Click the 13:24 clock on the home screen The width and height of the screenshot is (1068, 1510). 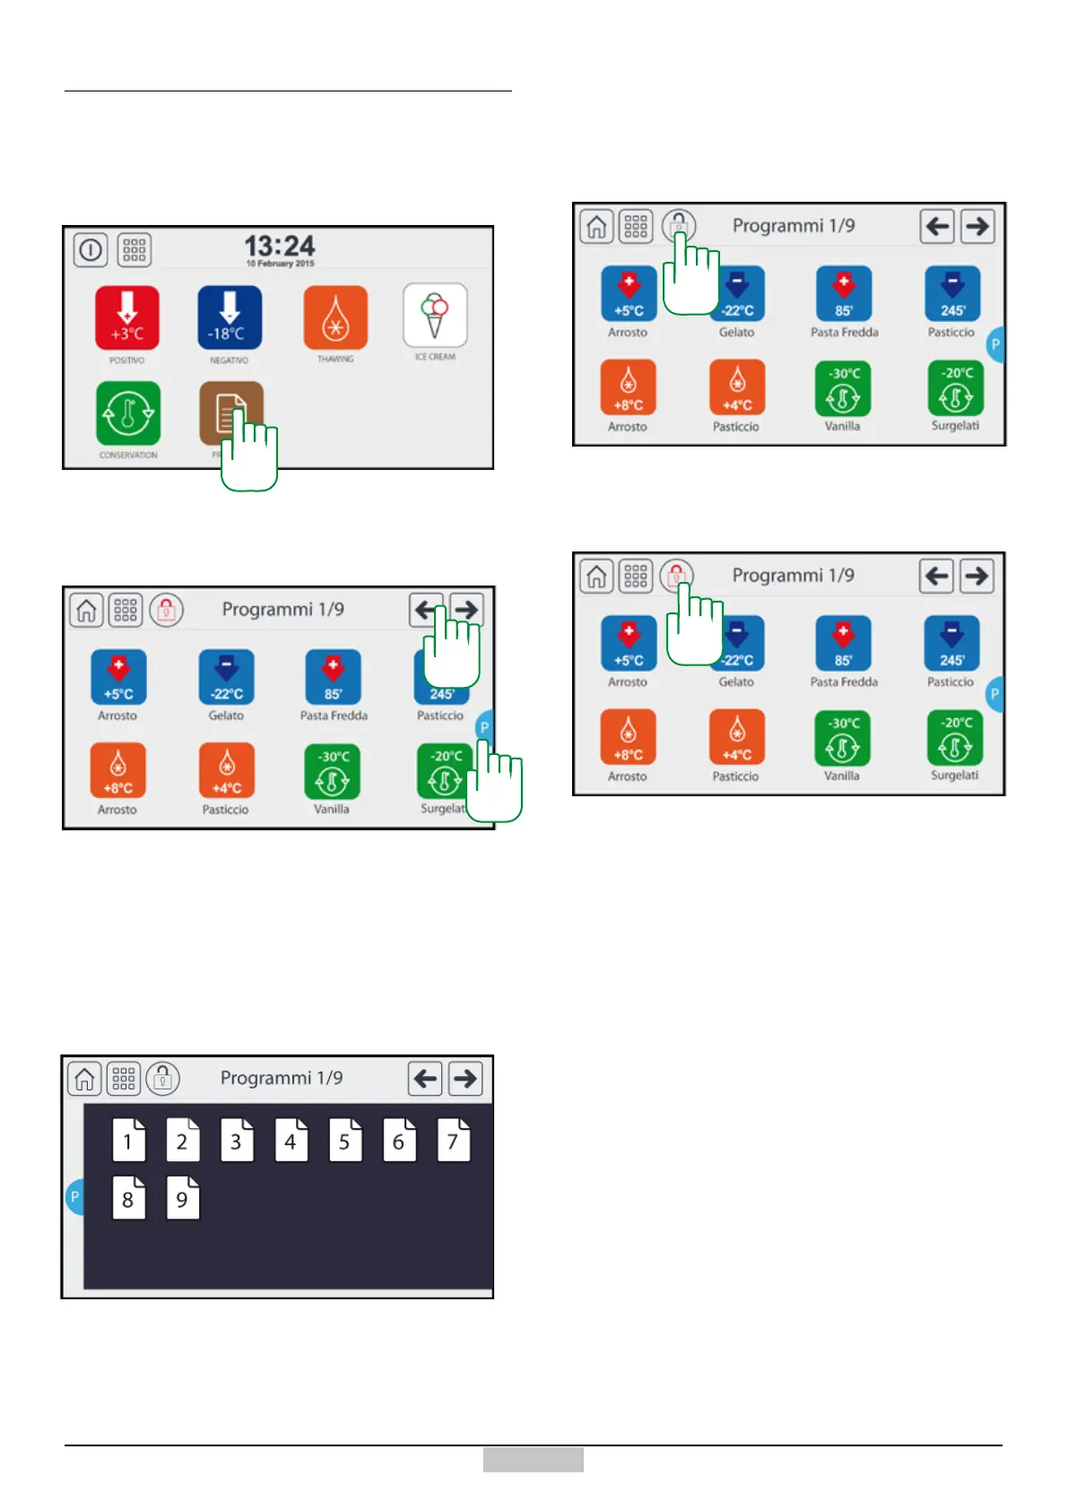(x=280, y=245)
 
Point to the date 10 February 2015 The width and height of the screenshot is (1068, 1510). (x=280, y=264)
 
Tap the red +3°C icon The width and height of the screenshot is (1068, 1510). (x=127, y=317)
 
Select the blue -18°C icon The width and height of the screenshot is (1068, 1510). (x=230, y=317)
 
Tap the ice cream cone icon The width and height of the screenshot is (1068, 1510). (x=435, y=315)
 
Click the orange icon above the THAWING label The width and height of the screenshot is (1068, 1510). (x=335, y=317)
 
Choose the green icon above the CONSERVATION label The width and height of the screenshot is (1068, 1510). (x=128, y=413)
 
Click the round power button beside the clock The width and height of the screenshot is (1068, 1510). (x=91, y=250)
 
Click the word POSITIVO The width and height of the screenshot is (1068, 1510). (x=127, y=360)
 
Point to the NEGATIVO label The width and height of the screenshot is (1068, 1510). (x=230, y=360)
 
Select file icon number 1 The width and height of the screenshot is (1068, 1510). (x=128, y=1141)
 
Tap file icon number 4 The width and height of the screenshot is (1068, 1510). (x=291, y=1141)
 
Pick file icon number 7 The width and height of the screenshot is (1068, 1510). (x=453, y=1141)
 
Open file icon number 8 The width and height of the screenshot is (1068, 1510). (x=128, y=1199)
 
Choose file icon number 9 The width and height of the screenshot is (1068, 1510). (x=182, y=1199)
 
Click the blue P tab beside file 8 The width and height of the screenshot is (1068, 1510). (x=75, y=1197)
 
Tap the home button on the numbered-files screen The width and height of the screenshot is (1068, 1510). (x=85, y=1079)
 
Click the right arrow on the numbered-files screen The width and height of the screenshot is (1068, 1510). (x=465, y=1079)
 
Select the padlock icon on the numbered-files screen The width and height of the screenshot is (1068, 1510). (x=163, y=1079)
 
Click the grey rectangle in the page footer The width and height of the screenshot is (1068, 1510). (x=533, y=1459)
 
